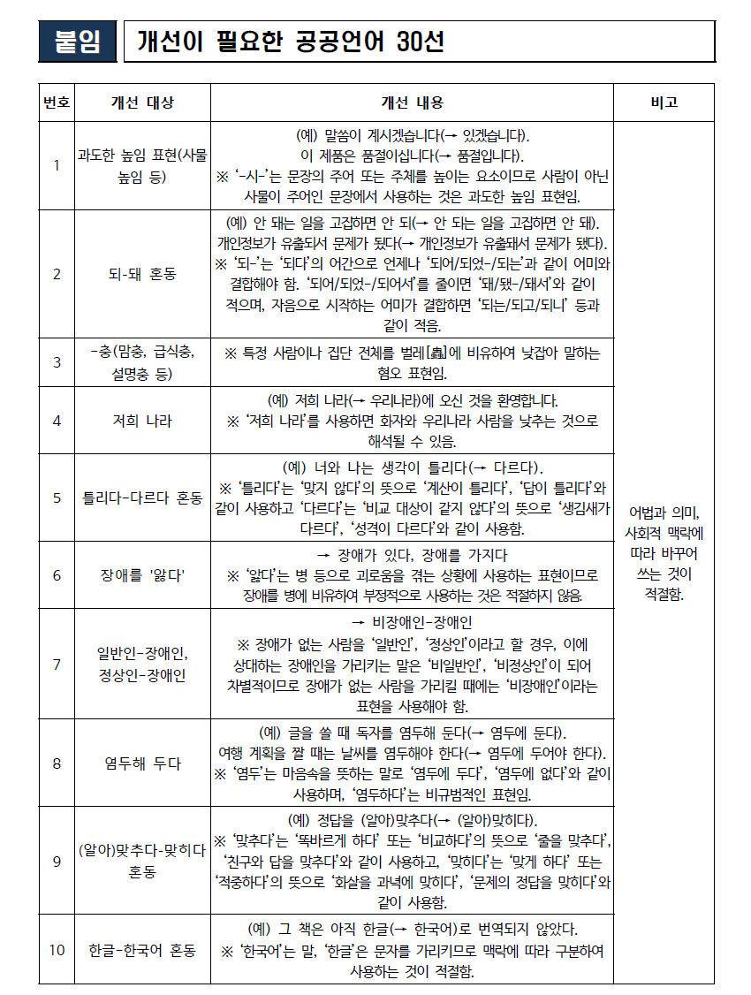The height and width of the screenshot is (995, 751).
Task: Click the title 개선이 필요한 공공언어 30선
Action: [292, 42]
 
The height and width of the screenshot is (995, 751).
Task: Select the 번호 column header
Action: [57, 103]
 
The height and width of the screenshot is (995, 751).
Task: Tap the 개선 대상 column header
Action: [142, 103]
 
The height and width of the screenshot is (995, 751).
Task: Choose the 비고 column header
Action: [664, 103]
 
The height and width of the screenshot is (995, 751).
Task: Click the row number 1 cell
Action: [57, 165]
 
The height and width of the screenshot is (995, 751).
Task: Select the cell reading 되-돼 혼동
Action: [142, 273]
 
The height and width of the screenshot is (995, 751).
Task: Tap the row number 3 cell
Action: [57, 362]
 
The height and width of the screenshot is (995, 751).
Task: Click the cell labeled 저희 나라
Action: [142, 421]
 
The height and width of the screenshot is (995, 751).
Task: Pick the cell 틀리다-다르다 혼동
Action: [142, 497]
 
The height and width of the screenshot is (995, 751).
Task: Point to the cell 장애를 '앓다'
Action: [142, 575]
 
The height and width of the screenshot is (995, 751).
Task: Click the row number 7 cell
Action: [57, 664]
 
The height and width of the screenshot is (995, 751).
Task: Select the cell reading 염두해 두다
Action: [142, 763]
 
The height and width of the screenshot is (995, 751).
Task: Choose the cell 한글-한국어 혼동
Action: [142, 950]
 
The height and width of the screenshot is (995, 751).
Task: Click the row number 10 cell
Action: [57, 950]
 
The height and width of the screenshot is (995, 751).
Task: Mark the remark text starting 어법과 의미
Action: [664, 553]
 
